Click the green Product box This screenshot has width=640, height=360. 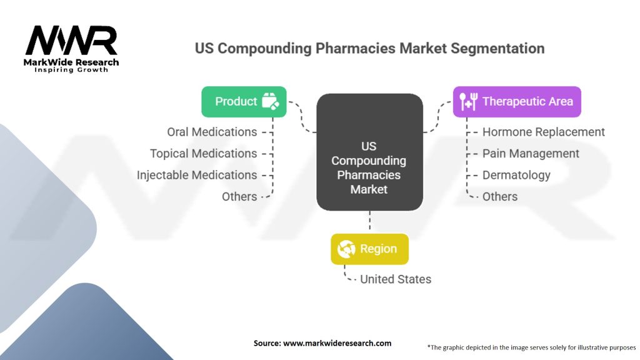coord(244,102)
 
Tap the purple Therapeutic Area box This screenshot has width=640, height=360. coord(517,102)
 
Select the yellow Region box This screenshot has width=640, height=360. coord(369,249)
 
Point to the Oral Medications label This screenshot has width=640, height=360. coord(212,132)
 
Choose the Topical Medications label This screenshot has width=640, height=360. coord(203,153)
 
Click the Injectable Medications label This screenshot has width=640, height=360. coord(197,175)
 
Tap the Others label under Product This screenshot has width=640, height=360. coord(239,196)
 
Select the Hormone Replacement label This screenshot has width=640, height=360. coord(544,132)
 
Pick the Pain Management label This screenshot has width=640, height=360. coord(531,153)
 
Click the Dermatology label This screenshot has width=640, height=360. coord(516,175)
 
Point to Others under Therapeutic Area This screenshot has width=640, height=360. coord(500,196)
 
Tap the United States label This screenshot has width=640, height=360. coord(396,279)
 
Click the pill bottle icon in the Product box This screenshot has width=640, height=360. coord(270,101)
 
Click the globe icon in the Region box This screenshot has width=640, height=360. coord(346,249)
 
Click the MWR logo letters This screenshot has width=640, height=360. coord(71,41)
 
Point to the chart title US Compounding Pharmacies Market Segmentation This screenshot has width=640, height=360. coord(369,48)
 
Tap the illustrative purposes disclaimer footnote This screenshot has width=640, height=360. coord(531,346)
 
